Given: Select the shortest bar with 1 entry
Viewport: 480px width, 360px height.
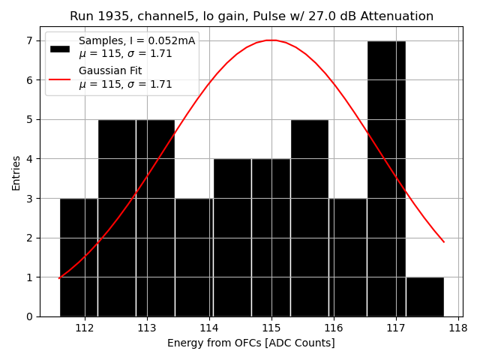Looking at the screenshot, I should pos(424,296).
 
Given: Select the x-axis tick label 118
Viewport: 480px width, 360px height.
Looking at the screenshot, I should pos(457,328).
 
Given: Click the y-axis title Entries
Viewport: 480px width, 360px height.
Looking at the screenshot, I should pos(16,173).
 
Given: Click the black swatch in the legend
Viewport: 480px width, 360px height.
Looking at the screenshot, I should pos(60,48).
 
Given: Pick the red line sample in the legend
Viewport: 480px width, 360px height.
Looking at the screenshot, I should pos(60,78).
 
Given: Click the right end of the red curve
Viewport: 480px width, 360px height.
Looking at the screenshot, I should pos(443,241).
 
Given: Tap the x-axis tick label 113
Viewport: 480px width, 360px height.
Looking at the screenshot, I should pos(147,328).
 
